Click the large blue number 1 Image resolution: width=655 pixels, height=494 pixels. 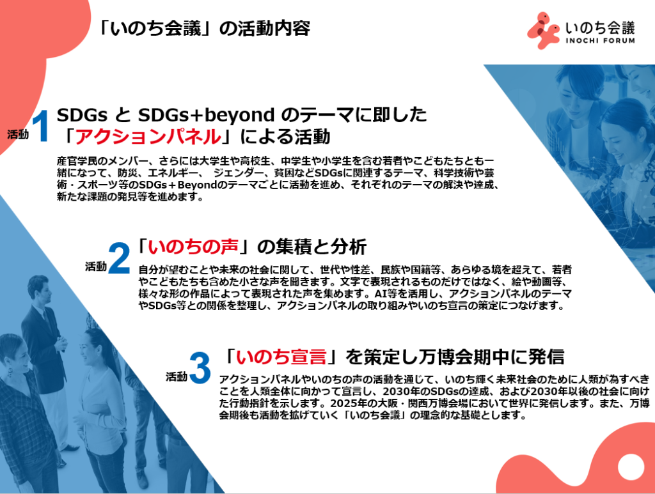coord(41,126)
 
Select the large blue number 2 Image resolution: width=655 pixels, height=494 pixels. coord(119,258)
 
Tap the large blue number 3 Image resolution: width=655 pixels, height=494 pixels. coord(200,368)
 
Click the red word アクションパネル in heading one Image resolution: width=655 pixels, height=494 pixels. coord(148,136)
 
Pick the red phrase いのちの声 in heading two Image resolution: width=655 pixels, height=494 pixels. coord(193,247)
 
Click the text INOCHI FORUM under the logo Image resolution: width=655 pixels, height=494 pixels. coord(600,40)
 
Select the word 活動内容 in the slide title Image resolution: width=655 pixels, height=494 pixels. coord(274,28)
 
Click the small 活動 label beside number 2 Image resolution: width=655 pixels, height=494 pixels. coord(96,266)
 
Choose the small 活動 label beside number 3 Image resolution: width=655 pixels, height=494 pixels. coord(177,377)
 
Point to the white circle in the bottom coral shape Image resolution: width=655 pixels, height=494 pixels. coord(631,467)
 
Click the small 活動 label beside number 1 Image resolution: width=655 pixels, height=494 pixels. coord(18,134)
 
